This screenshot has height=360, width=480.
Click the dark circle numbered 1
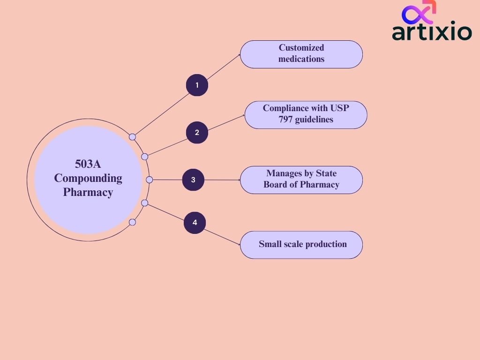click(x=197, y=85)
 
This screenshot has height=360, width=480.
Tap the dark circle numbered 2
click(x=197, y=133)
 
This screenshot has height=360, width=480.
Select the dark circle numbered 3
click(x=193, y=180)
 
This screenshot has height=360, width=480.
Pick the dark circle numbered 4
click(x=195, y=222)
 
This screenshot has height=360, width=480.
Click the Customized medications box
click(x=301, y=54)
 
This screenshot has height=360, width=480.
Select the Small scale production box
click(x=301, y=244)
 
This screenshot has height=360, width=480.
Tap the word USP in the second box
click(x=340, y=108)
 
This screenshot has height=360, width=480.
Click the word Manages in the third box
click(x=283, y=173)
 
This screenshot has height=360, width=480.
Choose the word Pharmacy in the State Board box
click(x=320, y=185)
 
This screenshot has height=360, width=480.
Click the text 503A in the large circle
click(x=88, y=164)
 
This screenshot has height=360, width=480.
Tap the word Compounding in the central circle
click(x=88, y=178)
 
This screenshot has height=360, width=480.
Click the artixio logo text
click(x=432, y=32)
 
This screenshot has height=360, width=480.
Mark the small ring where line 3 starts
click(x=150, y=180)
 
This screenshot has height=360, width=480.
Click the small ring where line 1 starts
click(x=132, y=137)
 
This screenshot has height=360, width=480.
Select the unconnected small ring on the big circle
click(x=132, y=222)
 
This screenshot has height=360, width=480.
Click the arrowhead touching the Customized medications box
click(x=239, y=54)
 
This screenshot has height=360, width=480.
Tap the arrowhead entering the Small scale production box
click(x=239, y=244)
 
